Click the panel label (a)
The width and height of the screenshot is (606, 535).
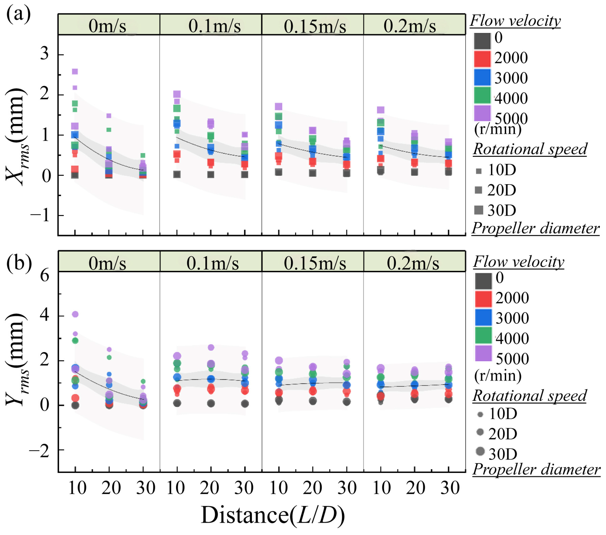point(18,15)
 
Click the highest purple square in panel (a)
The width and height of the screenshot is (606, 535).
point(75,71)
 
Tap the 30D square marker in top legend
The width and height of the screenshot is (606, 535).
point(479,210)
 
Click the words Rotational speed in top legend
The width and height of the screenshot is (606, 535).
point(530,149)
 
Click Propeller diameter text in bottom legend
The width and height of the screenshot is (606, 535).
point(536,469)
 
